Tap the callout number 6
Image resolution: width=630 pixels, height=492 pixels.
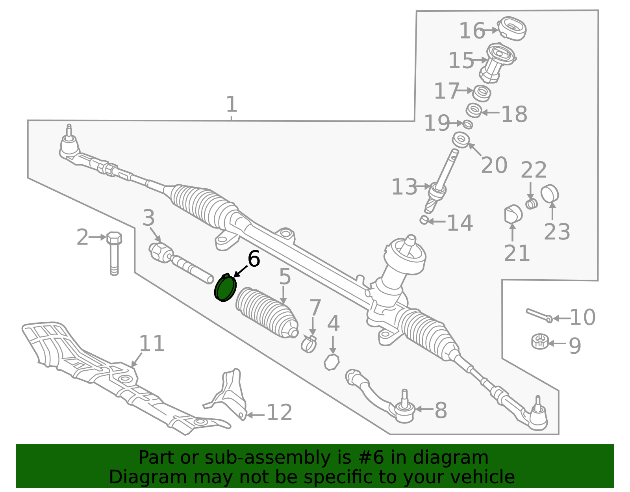pos(254,259)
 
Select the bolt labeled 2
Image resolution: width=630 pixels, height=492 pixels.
pos(114,253)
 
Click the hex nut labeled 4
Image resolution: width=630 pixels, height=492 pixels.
pos(332,362)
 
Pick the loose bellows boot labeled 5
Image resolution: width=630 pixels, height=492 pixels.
pos(267,313)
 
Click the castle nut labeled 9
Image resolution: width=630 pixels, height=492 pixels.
pos(540,341)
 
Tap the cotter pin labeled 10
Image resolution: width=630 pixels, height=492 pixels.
pos(539,316)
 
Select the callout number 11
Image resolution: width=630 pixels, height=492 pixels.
pos(152,343)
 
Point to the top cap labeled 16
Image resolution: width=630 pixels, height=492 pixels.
pos(512,28)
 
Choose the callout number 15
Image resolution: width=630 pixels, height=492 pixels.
pos(461,60)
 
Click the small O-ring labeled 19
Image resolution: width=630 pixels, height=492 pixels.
pos(468,124)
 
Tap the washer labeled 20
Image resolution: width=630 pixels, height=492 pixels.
pos(461,140)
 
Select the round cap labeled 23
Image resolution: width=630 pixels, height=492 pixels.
pos(549,194)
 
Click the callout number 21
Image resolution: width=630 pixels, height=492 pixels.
pos(517,253)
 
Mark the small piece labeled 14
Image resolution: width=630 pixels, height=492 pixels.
pos(424,220)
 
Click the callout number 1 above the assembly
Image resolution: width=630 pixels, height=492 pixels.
pos(232,104)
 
